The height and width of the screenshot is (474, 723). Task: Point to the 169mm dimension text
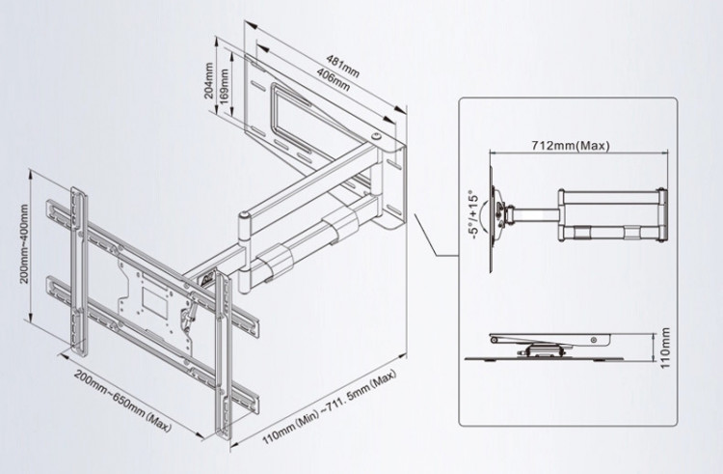[x=224, y=87]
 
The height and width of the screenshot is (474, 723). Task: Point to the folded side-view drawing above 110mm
[x=549, y=343]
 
